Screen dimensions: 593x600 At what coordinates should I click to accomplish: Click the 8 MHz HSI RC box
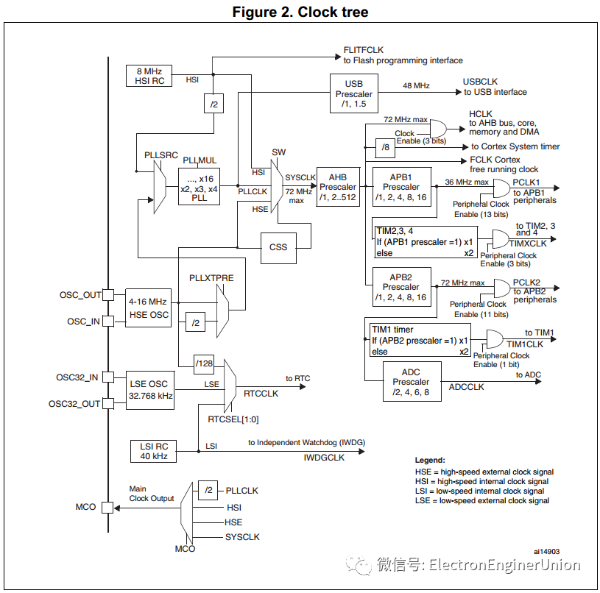(x=149, y=76)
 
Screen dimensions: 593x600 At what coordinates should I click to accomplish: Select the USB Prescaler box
(x=353, y=93)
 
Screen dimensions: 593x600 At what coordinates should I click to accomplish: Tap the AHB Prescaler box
(x=337, y=187)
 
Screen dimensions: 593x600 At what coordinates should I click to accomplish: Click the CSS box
(x=278, y=247)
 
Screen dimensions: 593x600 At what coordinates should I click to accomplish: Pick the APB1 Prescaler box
(x=400, y=187)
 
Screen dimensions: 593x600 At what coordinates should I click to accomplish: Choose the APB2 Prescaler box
(x=400, y=287)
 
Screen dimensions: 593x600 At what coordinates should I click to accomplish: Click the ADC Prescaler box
(x=411, y=382)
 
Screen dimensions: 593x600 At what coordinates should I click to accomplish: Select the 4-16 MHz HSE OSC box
(x=149, y=308)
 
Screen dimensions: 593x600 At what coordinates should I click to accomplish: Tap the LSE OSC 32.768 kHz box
(x=149, y=389)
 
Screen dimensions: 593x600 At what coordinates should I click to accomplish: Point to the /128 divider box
(x=204, y=363)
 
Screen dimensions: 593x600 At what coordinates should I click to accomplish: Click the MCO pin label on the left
(x=85, y=508)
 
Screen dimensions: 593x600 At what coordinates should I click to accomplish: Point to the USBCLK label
(x=480, y=81)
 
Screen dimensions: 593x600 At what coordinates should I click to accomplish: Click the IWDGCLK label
(x=324, y=458)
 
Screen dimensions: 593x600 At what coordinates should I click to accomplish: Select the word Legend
(x=430, y=460)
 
